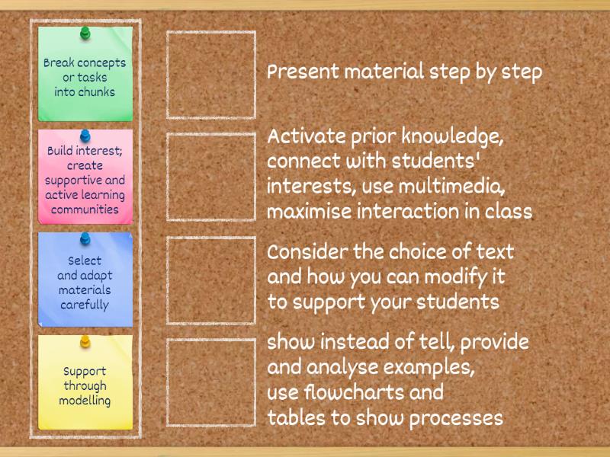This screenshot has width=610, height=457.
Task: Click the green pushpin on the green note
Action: tap(85, 33)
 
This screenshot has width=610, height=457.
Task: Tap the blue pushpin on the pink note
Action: tap(85, 136)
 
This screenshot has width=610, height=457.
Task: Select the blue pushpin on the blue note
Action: tap(85, 238)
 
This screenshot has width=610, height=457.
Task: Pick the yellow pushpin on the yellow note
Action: tap(85, 341)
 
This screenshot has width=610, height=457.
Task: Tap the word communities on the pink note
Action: tap(85, 209)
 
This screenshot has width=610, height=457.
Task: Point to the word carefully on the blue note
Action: tap(85, 305)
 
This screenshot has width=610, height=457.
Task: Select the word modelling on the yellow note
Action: tap(85, 401)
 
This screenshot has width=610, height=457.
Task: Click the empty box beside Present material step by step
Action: tap(211, 75)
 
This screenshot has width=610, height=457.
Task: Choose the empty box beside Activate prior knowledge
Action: tap(211, 177)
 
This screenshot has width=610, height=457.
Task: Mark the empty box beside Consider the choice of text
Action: tap(211, 280)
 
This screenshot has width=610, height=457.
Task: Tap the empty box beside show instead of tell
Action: tap(211, 382)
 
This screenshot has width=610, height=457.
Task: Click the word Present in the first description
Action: tap(303, 72)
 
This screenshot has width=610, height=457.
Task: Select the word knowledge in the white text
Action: tap(452, 137)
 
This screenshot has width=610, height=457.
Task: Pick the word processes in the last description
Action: tap(456, 419)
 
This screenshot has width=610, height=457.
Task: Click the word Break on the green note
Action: tap(59, 62)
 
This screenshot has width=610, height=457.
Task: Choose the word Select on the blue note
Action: tap(85, 260)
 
